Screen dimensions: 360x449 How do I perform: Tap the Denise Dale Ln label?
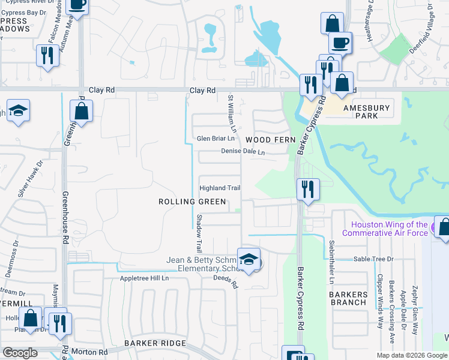[x=243, y=152]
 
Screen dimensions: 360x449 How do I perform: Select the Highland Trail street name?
[x=220, y=188]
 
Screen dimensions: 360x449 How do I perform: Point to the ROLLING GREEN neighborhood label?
[x=192, y=202]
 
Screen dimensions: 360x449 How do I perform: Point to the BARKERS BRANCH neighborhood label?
[x=348, y=298]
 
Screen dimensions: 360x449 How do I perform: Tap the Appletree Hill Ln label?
[x=145, y=278]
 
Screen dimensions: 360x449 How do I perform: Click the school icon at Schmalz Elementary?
[x=249, y=259]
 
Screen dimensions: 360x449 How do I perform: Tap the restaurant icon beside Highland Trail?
[x=308, y=190]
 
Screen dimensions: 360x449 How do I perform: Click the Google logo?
[x=20, y=353]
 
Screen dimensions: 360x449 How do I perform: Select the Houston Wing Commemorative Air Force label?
[x=385, y=229]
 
